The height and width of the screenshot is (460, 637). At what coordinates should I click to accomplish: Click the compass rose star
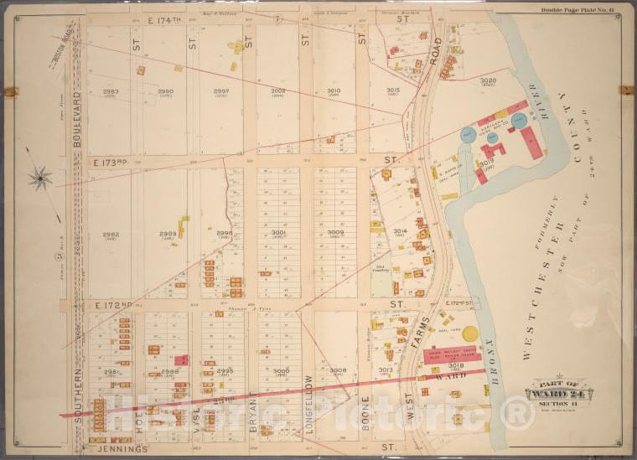[39, 177]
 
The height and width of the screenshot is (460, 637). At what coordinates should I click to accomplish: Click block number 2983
[110, 91]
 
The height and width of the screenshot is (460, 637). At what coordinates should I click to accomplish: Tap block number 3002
[277, 91]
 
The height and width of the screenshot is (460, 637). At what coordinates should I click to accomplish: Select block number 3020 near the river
[488, 80]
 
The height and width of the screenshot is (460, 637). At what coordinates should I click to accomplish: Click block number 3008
[338, 370]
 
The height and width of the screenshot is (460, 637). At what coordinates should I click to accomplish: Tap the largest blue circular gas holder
[520, 120]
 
